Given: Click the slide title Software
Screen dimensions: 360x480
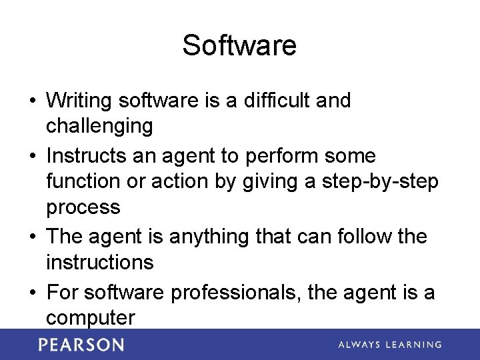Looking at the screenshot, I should click(239, 45).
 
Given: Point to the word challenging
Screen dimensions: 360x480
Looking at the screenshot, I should click(99, 126).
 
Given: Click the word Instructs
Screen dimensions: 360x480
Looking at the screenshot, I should click(86, 156).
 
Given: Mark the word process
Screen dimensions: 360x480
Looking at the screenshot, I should click(83, 207).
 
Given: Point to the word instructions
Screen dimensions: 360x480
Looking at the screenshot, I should click(99, 262).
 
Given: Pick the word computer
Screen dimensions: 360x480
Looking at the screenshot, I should click(90, 318).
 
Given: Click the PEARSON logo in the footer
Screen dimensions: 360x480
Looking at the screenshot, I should click(81, 345).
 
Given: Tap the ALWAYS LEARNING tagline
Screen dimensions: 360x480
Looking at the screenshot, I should click(389, 345).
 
